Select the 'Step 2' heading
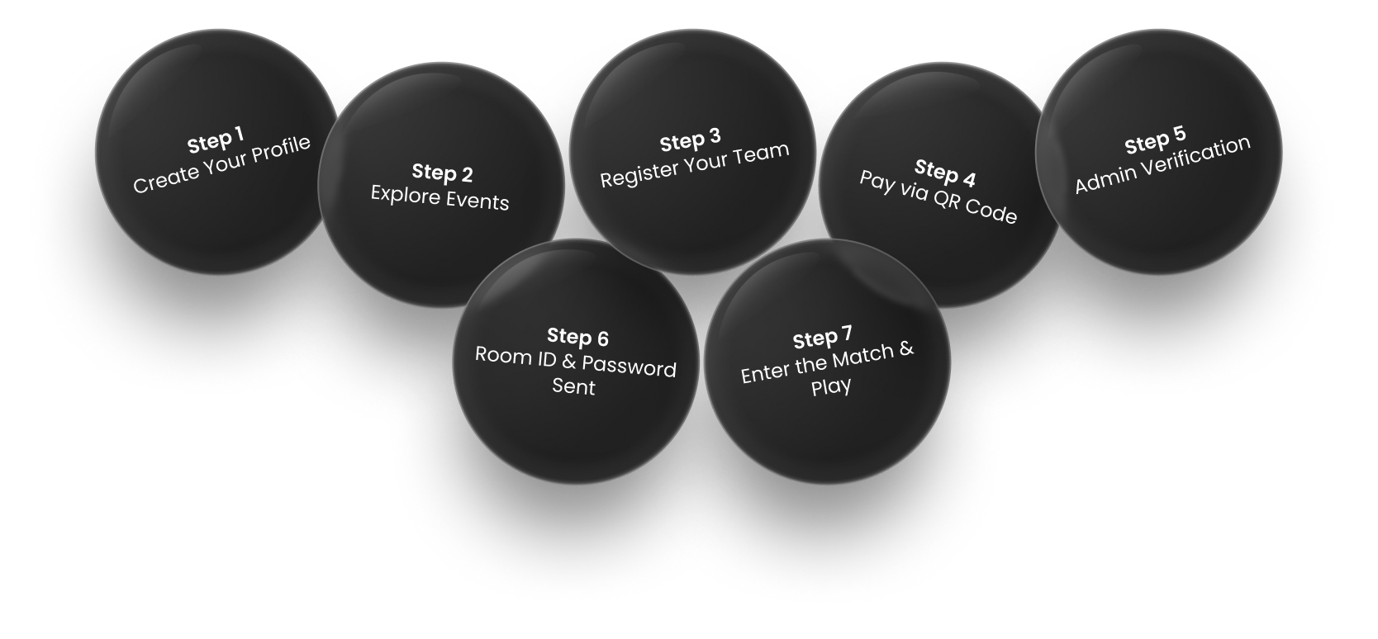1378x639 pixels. [442, 173]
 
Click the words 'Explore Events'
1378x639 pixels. [440, 198]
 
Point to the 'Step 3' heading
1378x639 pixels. [691, 141]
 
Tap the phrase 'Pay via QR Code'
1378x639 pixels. [938, 197]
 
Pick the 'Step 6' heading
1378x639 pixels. [577, 337]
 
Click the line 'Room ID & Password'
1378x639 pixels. [576, 362]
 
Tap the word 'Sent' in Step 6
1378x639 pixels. [573, 387]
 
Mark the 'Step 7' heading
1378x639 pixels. [822, 338]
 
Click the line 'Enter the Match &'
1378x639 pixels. [828, 363]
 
